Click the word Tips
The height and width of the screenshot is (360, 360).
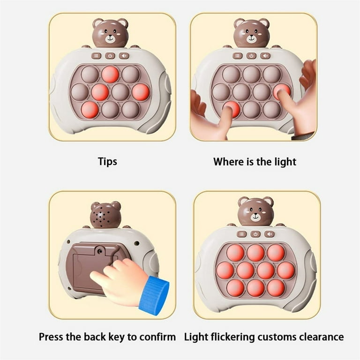(x=107, y=161)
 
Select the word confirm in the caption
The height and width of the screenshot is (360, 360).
(x=157, y=337)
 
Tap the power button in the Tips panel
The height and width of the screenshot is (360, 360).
(x=110, y=56)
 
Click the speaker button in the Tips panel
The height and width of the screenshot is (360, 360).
(x=124, y=56)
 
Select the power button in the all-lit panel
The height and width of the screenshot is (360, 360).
(x=255, y=234)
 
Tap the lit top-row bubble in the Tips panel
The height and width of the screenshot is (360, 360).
(x=110, y=75)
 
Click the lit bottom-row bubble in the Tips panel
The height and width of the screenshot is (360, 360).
(x=90, y=110)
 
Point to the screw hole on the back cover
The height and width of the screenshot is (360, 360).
(x=100, y=250)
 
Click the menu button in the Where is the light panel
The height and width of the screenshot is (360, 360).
(x=237, y=56)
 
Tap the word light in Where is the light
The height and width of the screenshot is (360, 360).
(x=285, y=162)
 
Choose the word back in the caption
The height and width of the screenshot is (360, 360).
(x=93, y=337)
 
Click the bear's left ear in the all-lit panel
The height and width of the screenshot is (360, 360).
(x=243, y=201)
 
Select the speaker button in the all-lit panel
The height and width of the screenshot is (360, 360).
(x=270, y=234)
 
